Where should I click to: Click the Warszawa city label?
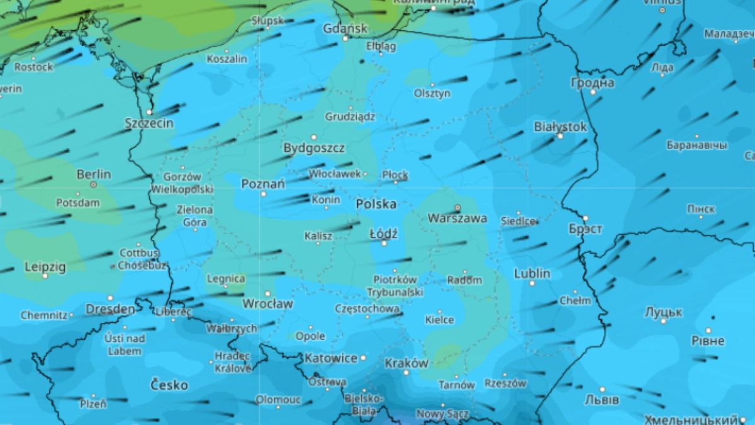(x=457, y=219)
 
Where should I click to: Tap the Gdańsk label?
(x=345, y=28)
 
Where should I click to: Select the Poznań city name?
(x=263, y=184)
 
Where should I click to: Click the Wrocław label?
(x=267, y=304)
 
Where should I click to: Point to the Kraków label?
(x=406, y=363)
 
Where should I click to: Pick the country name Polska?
(x=376, y=204)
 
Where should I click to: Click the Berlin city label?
(x=93, y=174)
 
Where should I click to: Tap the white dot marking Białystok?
(x=560, y=136)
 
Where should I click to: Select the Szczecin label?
(x=149, y=123)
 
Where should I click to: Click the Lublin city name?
(x=532, y=273)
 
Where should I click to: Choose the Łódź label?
(x=383, y=234)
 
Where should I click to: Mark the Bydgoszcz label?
(x=314, y=149)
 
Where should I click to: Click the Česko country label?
(x=169, y=384)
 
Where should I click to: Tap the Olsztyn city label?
(x=432, y=93)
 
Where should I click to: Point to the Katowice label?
(x=331, y=358)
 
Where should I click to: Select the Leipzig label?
(x=45, y=267)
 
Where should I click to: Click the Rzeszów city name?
(x=505, y=383)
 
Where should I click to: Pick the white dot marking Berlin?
(x=93, y=184)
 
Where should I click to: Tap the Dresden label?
(x=110, y=309)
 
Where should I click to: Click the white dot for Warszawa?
(x=457, y=207)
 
